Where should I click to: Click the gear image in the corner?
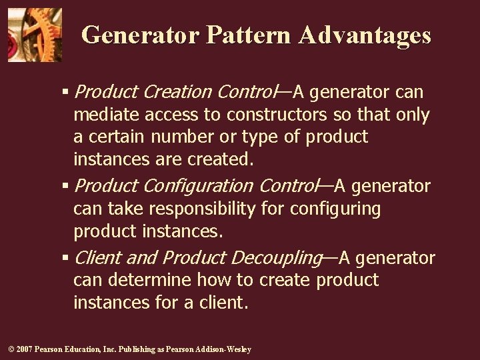click(x=35, y=35)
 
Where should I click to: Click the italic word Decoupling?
click(x=275, y=257)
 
